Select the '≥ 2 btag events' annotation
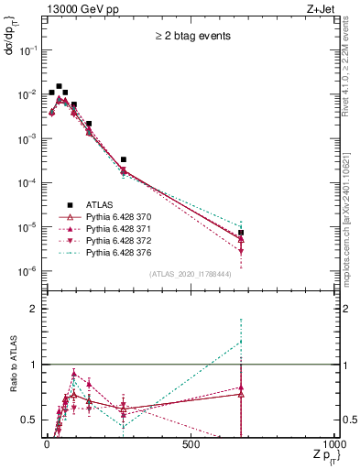(192, 37)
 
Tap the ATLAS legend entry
(99, 205)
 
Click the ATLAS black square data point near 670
(241, 233)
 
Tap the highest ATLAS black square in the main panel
(59, 86)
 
